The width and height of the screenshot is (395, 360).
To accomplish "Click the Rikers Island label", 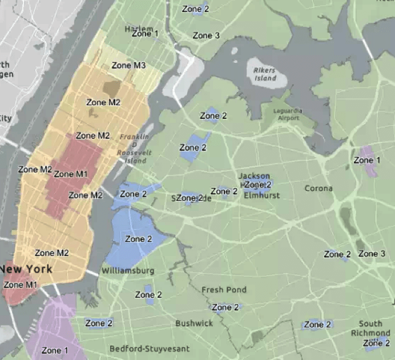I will tap(264, 74).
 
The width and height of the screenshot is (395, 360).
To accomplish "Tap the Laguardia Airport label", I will tap(288, 114).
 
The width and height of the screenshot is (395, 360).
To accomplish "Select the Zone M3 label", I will tap(128, 65).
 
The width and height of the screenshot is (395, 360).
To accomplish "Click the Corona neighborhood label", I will tap(319, 188).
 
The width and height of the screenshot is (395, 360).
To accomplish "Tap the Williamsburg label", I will tap(128, 270).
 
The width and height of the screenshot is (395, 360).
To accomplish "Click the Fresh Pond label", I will tap(224, 290).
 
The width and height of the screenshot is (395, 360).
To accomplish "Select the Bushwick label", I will tap(194, 323).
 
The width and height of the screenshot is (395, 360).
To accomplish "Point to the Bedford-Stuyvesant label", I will tap(150, 349).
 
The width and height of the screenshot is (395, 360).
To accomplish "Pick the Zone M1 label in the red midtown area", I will tap(71, 174).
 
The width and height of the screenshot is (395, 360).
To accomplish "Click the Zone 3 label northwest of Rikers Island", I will tap(206, 35).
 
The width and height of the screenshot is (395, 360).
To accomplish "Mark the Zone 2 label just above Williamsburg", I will tap(138, 239).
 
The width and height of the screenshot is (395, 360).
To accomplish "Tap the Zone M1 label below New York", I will tap(20, 285).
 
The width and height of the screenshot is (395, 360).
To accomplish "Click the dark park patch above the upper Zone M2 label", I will tap(111, 89).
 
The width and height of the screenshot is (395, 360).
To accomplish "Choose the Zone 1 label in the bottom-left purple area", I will tap(54, 350).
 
